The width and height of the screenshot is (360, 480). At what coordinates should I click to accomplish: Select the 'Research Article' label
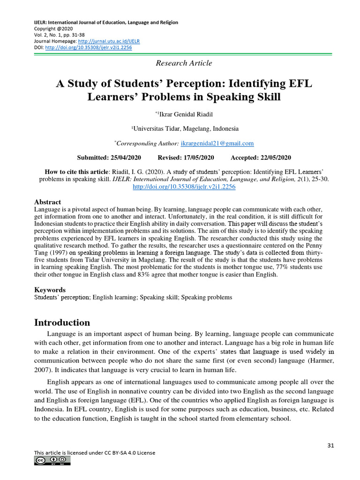click(x=183, y=63)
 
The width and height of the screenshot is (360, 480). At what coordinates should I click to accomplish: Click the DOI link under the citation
click(x=184, y=187)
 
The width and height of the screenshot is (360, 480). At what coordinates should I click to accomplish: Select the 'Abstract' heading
click(x=48, y=202)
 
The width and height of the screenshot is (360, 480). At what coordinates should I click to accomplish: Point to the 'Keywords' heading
click(x=50, y=290)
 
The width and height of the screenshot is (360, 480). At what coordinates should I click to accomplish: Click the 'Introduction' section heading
click(x=62, y=323)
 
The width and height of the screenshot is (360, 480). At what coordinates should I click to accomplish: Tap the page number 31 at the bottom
click(x=330, y=445)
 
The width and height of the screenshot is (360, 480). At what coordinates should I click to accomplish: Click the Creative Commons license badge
click(x=52, y=461)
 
